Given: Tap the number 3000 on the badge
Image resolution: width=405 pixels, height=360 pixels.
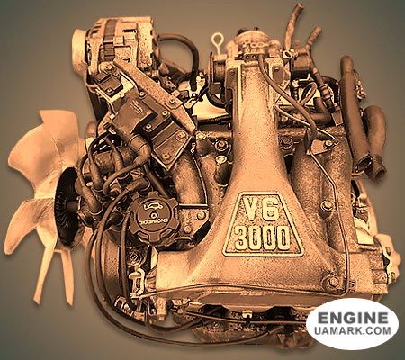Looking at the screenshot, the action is [x=263, y=238].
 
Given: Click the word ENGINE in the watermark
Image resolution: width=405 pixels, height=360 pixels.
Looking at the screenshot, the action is [x=353, y=318].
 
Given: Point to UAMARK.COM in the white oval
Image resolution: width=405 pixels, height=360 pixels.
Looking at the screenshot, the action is [x=353, y=330].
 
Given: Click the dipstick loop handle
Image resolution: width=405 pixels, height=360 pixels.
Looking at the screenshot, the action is [x=217, y=40].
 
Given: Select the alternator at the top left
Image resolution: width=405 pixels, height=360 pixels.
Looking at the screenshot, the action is [x=115, y=43].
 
